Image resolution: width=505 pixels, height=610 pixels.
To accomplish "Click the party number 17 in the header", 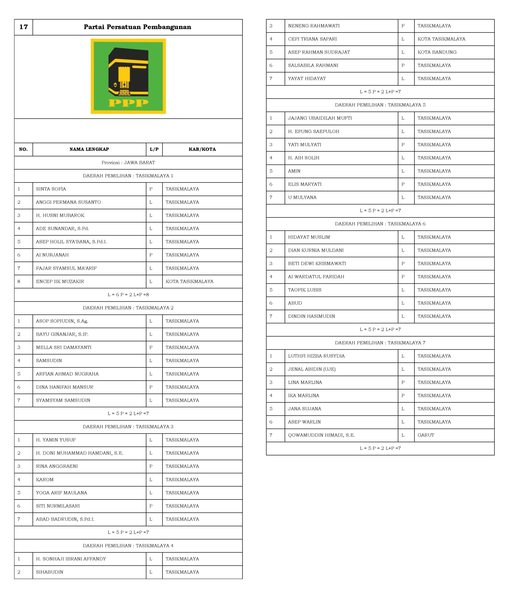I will [x=24, y=27].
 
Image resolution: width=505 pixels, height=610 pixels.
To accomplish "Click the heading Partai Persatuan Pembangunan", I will [x=137, y=27].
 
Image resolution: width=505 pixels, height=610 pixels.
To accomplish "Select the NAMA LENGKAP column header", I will [x=89, y=149].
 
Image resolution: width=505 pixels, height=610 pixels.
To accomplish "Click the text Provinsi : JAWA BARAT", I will [x=128, y=163].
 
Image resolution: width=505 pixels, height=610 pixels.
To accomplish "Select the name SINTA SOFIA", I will [x=51, y=189].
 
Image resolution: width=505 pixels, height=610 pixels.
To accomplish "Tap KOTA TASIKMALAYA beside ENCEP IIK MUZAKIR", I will [x=189, y=281].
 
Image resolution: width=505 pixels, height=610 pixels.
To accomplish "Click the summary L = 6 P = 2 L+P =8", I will [x=128, y=295].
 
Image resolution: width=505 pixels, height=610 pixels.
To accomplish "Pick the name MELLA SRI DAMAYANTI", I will [x=64, y=347].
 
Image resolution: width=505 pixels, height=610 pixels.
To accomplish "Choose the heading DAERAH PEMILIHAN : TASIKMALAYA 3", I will [x=128, y=427].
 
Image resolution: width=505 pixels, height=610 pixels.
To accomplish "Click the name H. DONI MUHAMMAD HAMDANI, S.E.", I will [x=80, y=453].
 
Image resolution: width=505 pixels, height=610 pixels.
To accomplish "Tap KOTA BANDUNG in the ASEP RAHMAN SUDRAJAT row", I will [x=437, y=52].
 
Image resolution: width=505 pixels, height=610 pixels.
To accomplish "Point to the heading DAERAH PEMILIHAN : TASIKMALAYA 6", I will [x=380, y=224].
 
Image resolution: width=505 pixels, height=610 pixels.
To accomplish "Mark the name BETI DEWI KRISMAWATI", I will [x=317, y=264].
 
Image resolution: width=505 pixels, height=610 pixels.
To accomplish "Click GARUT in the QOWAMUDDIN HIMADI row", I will [x=426, y=435].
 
